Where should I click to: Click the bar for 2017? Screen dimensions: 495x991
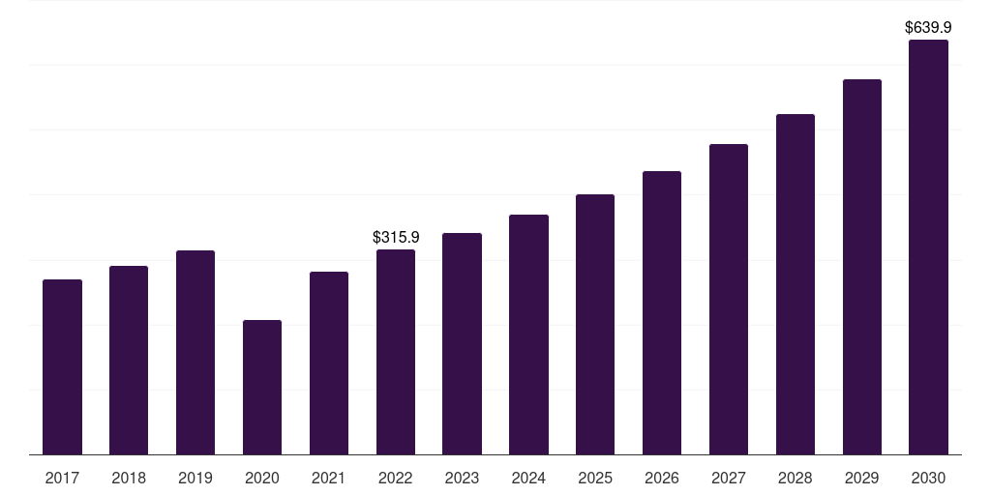click(62, 367)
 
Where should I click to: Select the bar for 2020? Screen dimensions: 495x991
click(262, 387)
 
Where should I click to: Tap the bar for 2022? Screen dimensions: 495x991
click(396, 352)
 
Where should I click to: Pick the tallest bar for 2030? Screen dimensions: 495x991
click(928, 247)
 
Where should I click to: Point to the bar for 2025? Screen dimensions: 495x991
click(595, 324)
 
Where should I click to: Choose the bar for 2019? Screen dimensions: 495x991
click(195, 352)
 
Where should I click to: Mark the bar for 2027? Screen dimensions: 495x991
click(729, 299)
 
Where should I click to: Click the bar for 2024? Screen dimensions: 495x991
click(528, 335)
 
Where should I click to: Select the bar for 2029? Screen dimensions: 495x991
click(861, 267)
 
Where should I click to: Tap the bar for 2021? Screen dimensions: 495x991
click(329, 363)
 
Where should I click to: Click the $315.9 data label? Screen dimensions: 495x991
click(396, 237)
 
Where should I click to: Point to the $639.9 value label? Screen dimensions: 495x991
click(928, 28)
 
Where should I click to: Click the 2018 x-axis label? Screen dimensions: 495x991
click(129, 478)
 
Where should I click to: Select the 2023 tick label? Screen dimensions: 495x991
click(462, 478)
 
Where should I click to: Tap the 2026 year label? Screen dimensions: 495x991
click(662, 478)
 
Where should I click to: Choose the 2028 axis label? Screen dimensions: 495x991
click(796, 478)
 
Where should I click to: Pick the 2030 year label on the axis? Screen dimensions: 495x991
click(928, 478)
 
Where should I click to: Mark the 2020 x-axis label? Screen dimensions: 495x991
click(262, 478)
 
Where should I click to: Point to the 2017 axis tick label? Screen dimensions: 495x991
click(62, 478)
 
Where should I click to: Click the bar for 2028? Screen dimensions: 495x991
click(796, 284)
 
